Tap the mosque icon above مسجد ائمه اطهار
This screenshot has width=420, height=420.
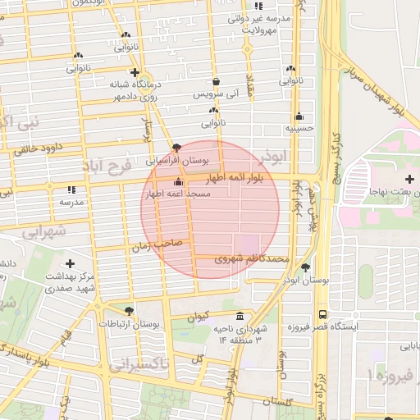click(x=178, y=182)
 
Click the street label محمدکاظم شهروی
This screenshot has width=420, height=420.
click(x=251, y=258)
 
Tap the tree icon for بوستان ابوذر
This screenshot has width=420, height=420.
click(x=306, y=267)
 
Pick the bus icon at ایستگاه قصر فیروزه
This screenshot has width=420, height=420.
click(x=322, y=314)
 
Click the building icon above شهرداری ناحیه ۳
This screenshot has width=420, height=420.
click(x=240, y=317)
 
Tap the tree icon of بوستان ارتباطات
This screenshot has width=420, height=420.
click(x=129, y=310)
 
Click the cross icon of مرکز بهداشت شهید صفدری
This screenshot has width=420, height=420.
click(x=70, y=264)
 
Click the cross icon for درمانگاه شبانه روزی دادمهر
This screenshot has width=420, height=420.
click(x=135, y=73)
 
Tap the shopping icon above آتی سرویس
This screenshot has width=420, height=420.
click(x=216, y=82)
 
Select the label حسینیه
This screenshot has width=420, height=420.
click(x=299, y=128)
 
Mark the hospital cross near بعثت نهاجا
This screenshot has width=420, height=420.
click(x=409, y=179)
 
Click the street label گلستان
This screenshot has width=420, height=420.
click(x=277, y=403)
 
